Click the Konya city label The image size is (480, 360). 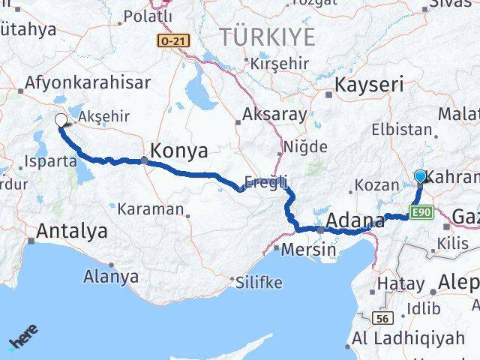click(x=179, y=151)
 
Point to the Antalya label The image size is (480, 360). click(x=72, y=230)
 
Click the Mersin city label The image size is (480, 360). click(x=308, y=249)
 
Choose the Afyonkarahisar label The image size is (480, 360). click(x=88, y=82)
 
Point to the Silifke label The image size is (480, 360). click(x=259, y=283)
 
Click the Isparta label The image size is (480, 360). click(x=50, y=160)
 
